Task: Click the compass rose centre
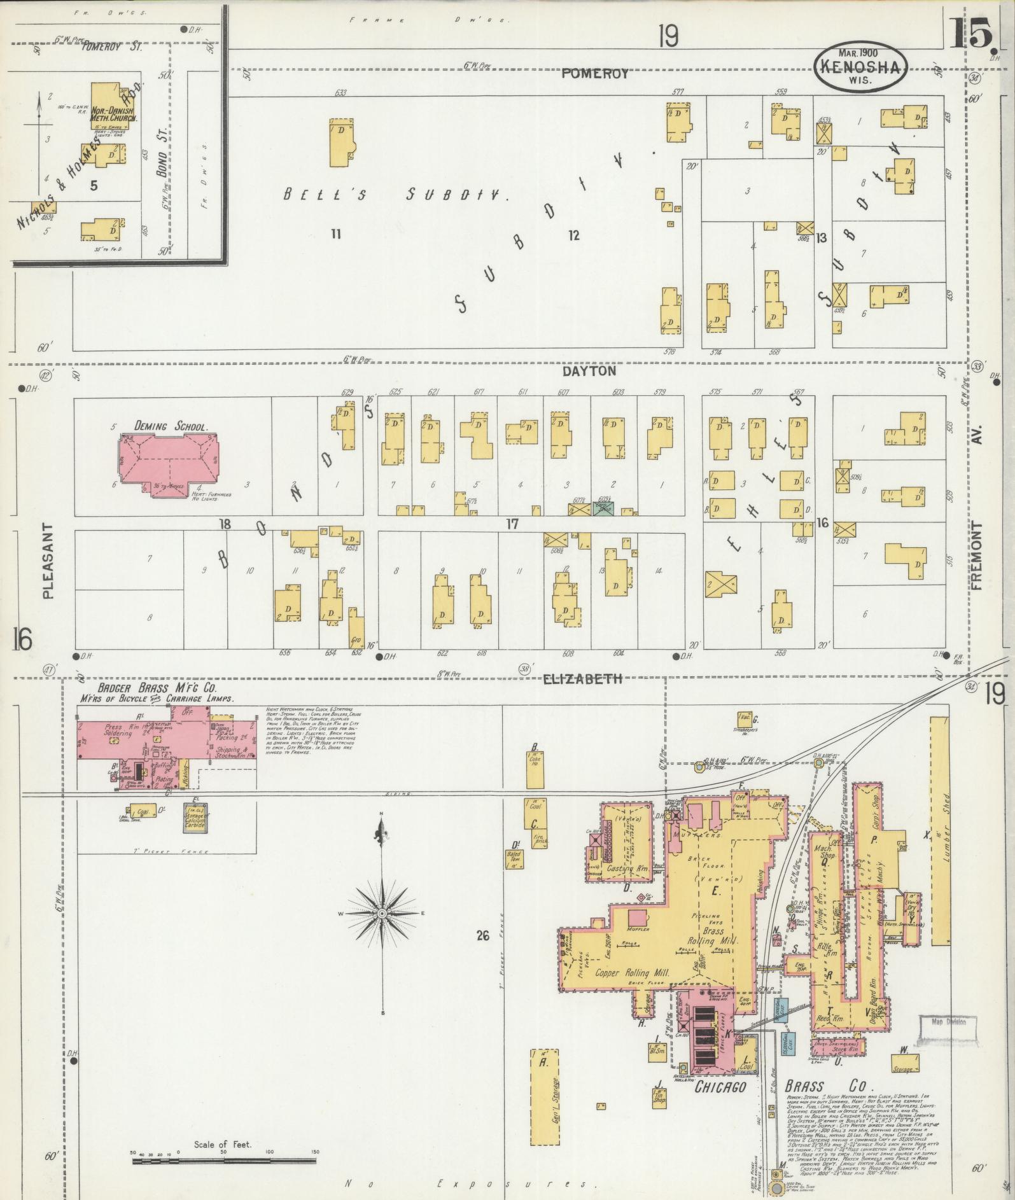[x=382, y=914]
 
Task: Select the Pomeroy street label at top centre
[x=594, y=74]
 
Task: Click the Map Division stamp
[x=948, y=1022]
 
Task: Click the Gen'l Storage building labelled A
[x=544, y=1094]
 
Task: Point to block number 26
[x=482, y=935]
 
